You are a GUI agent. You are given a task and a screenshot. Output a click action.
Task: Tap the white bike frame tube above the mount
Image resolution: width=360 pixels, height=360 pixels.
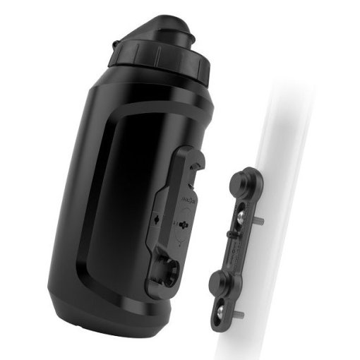click(x=282, y=120)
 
